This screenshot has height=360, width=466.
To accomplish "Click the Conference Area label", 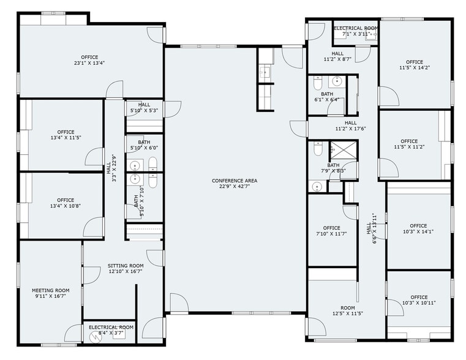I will (x=235, y=184).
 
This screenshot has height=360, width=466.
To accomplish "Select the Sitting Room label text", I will (x=126, y=269).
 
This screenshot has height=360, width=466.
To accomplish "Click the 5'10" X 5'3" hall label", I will (x=144, y=108).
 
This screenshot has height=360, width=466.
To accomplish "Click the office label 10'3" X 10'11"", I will (x=419, y=300).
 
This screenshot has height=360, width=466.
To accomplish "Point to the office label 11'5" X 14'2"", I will (x=415, y=65).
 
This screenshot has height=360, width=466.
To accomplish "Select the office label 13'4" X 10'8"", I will (x=66, y=203).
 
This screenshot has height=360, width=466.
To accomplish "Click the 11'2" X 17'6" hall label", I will (x=350, y=126).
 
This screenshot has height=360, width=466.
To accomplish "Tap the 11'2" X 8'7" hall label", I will (x=337, y=56).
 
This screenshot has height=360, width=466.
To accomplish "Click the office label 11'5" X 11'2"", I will (x=409, y=144).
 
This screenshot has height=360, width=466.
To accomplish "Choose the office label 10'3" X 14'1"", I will (x=418, y=228).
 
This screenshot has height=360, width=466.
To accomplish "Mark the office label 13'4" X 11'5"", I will (x=66, y=135).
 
